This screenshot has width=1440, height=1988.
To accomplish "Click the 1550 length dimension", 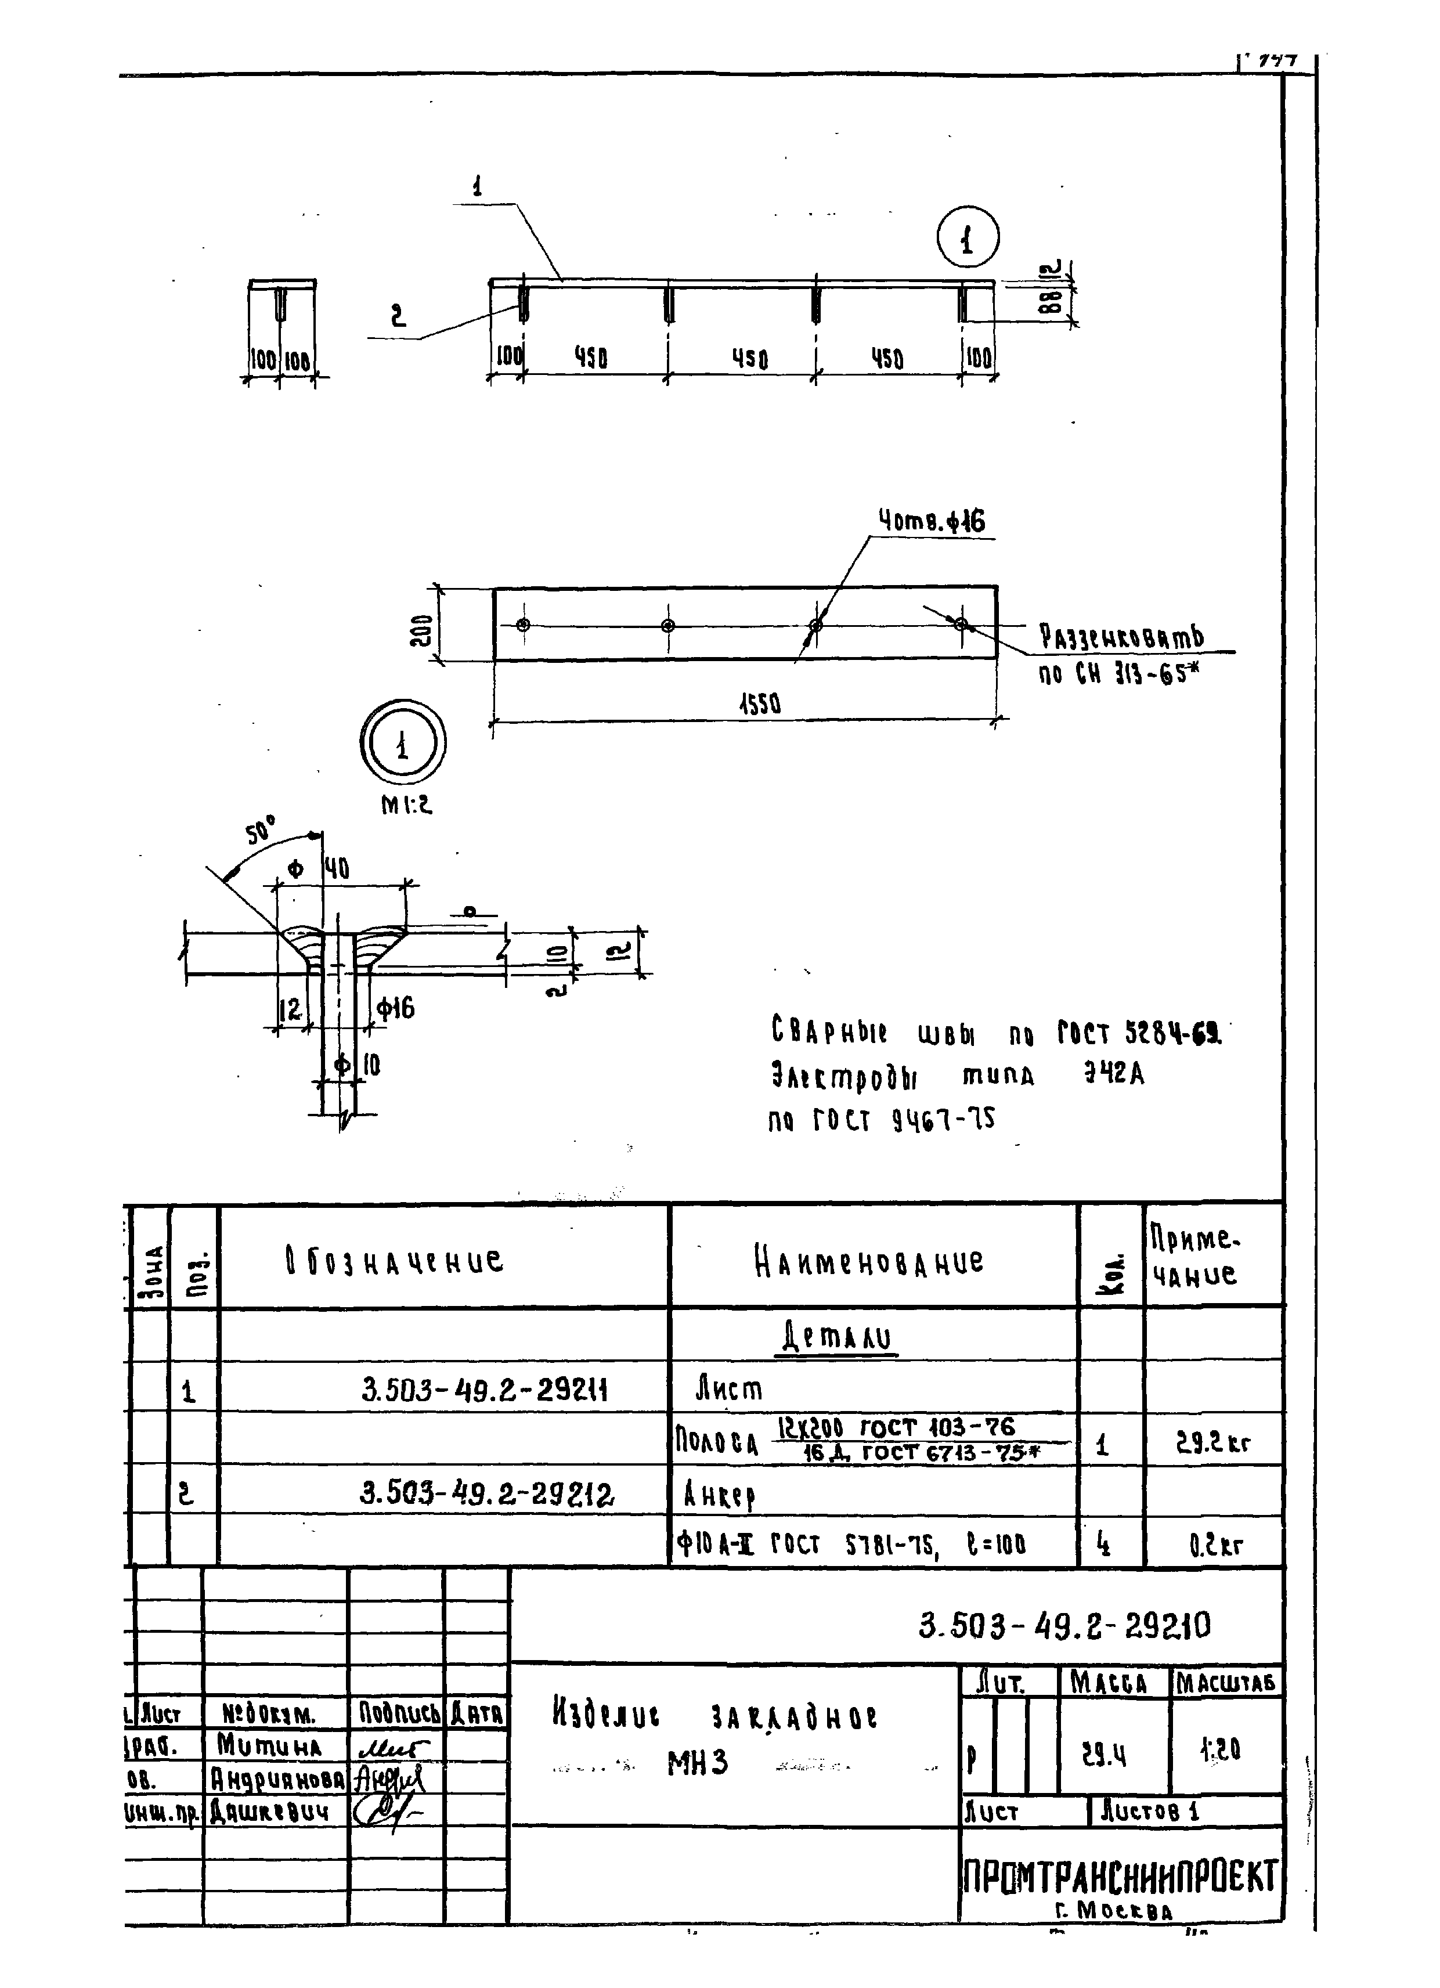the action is tap(759, 703).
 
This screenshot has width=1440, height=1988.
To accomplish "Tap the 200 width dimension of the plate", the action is tap(421, 629).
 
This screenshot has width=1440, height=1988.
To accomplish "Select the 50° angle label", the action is tap(260, 828).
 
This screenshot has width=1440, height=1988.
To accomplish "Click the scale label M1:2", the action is tap(406, 804).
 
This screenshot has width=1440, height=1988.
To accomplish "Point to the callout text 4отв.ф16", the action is tap(932, 522).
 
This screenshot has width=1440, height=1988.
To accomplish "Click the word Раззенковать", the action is tap(1121, 637).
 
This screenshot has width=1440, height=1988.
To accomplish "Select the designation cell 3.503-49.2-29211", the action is tap(484, 1390).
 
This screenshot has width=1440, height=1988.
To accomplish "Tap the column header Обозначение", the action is tap(395, 1261).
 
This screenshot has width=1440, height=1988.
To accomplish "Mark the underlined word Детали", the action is tap(836, 1338).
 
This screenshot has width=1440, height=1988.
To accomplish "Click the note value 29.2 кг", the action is tap(1212, 1443).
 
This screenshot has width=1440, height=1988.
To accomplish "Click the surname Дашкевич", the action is tap(269, 1812).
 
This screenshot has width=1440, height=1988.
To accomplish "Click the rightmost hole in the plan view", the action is tap(962, 624).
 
